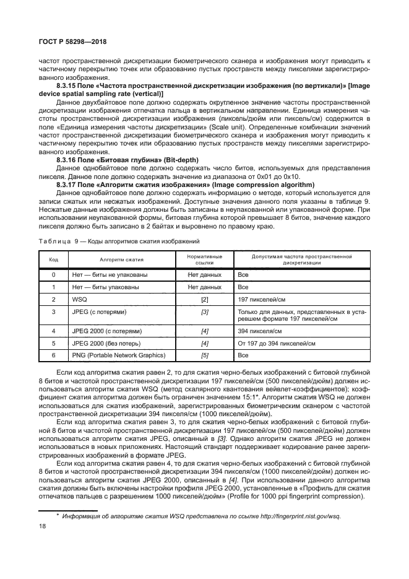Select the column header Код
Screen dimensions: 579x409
point(54,259)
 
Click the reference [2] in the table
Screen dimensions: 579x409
point(204,299)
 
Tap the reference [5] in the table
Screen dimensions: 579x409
point(204,355)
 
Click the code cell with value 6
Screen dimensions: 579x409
point(54,355)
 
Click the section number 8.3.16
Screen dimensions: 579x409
point(67,160)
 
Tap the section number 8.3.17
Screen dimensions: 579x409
point(67,185)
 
